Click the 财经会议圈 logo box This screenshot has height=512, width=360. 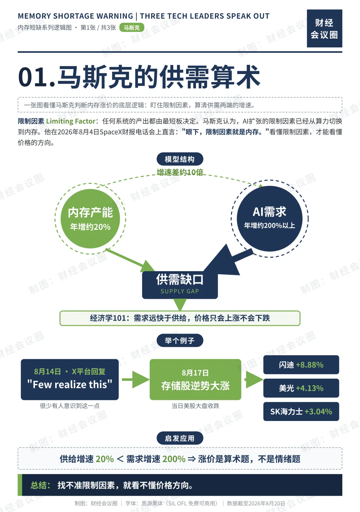point(324,28)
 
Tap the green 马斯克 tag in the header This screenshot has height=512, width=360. point(132,28)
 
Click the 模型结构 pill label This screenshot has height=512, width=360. point(180,159)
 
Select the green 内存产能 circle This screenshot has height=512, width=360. point(90,219)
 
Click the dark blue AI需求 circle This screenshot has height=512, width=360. point(270,219)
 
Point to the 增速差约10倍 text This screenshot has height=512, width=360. point(180,172)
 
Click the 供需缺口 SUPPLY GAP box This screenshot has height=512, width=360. point(180,285)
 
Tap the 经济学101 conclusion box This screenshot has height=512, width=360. point(180,318)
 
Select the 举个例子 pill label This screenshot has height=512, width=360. point(180,341)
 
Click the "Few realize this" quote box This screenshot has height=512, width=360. point(70,380)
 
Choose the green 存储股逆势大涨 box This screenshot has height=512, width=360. point(195,380)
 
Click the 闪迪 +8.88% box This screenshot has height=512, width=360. point(301,365)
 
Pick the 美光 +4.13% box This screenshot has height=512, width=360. point(301,388)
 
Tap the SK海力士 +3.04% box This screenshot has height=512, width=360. point(301,411)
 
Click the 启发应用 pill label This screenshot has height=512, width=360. point(180,438)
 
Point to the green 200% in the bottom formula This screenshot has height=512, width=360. point(174,459)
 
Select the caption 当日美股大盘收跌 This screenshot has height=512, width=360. point(195,406)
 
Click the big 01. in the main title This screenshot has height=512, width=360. point(37,77)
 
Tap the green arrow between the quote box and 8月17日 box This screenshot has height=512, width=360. point(135,380)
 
